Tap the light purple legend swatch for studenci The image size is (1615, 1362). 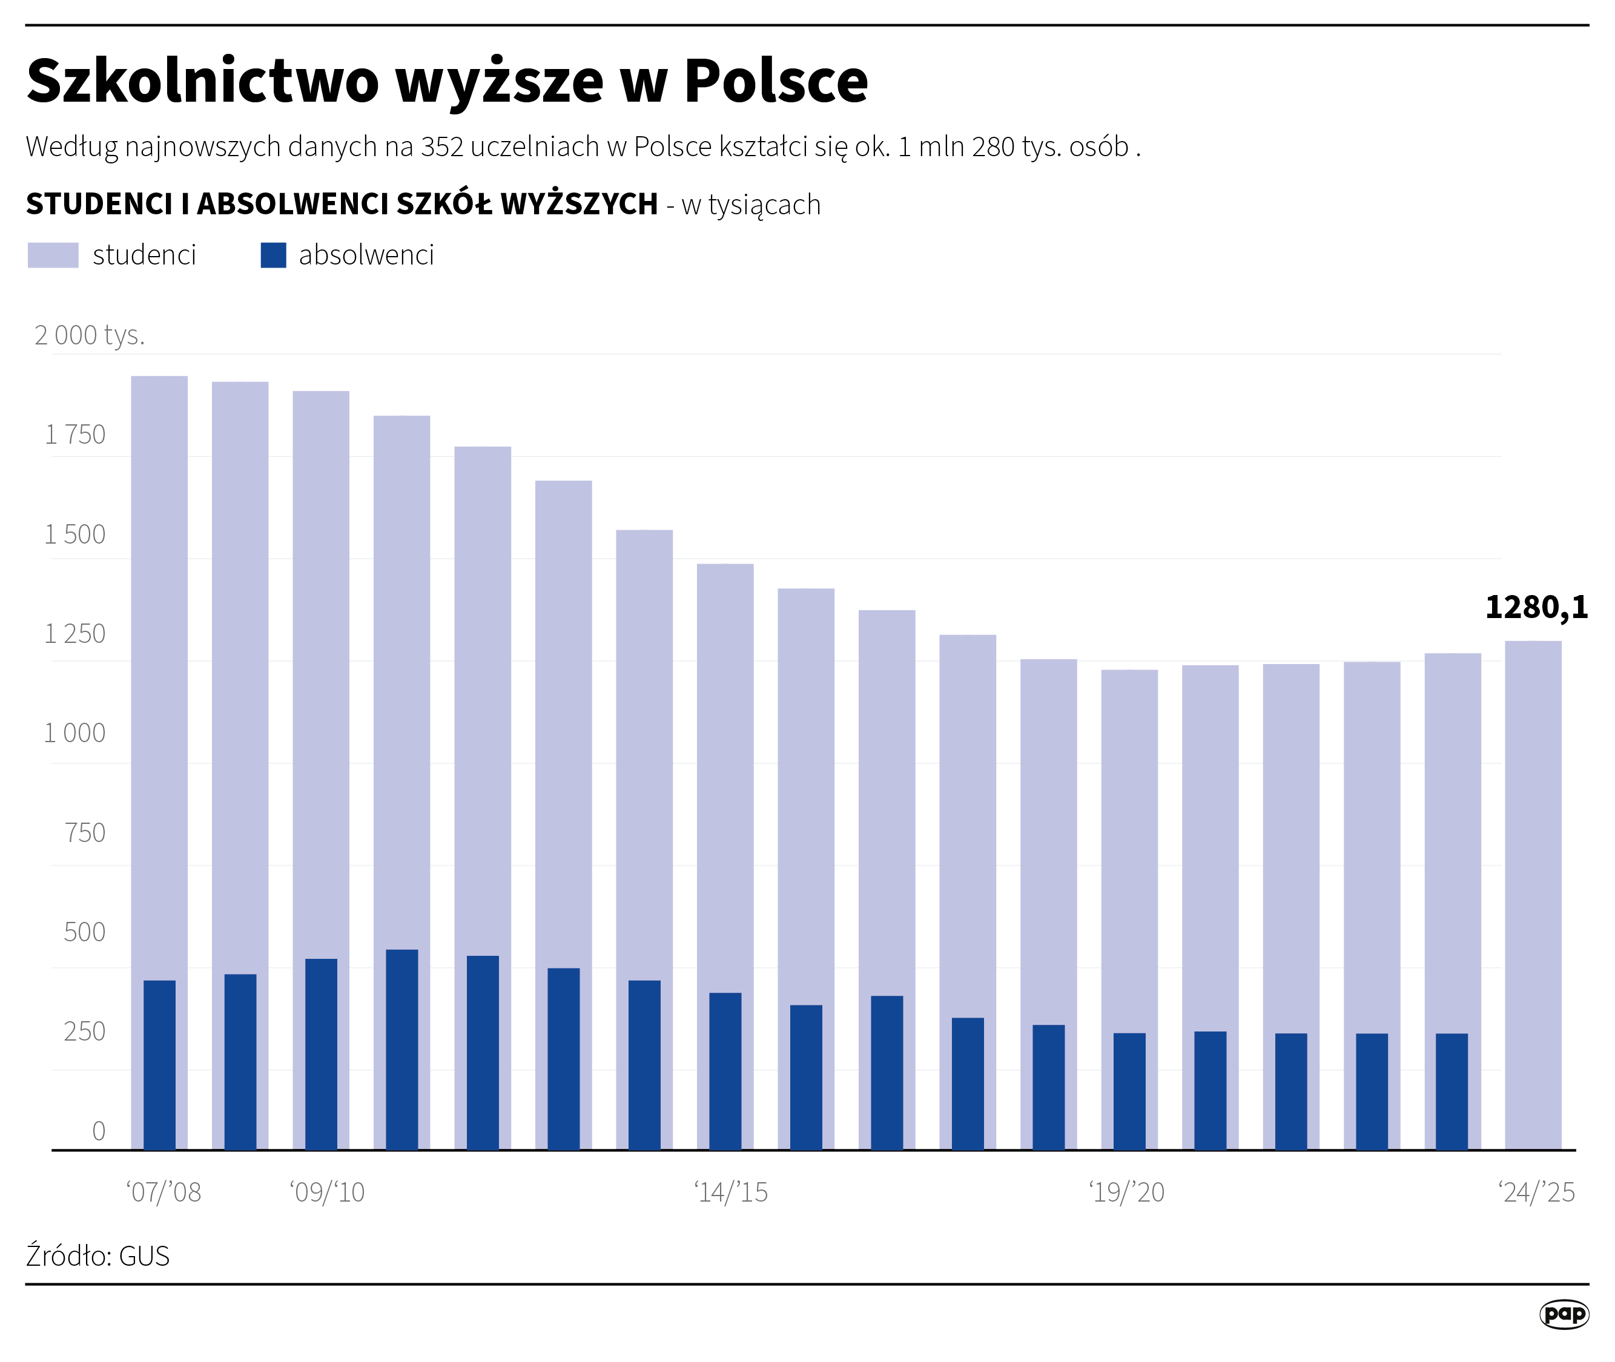(x=53, y=255)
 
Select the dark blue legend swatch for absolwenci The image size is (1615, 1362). (x=274, y=255)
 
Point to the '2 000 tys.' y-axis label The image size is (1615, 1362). (x=90, y=335)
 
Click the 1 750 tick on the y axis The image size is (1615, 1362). (x=75, y=435)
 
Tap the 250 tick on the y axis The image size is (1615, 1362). (x=84, y=1031)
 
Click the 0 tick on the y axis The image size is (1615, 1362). (x=98, y=1131)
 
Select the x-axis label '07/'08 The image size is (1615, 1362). (x=163, y=1192)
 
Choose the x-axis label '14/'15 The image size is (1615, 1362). (x=731, y=1192)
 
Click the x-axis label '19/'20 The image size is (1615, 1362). (x=1126, y=1192)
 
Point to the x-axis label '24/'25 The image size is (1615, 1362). (x=1536, y=1192)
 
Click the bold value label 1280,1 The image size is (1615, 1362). (x=1536, y=607)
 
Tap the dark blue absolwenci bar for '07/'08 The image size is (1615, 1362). (x=159, y=1065)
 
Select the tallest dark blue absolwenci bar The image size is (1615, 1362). (x=401, y=1050)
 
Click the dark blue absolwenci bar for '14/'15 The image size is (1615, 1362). (x=725, y=1071)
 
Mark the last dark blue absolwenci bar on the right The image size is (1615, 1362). (x=1452, y=1092)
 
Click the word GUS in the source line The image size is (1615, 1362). (x=145, y=1256)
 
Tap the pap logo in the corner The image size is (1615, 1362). (x=1564, y=1314)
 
